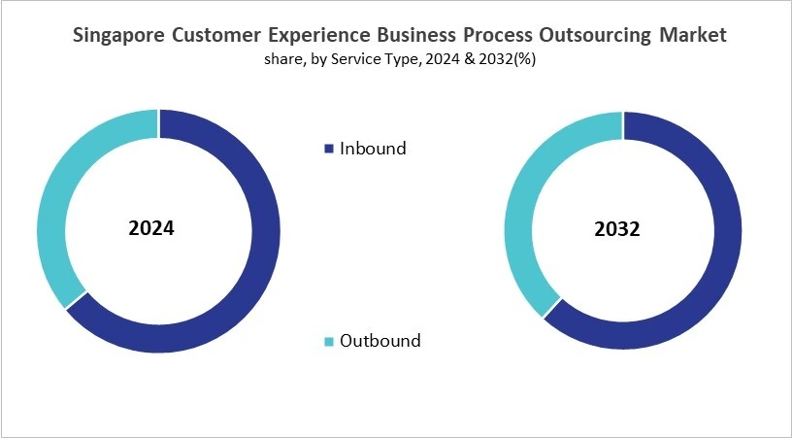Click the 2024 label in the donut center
151,230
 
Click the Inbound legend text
373,149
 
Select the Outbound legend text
380,340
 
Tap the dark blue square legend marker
328,150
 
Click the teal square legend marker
328,341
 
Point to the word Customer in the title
214,36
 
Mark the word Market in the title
693,36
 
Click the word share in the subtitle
281,60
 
